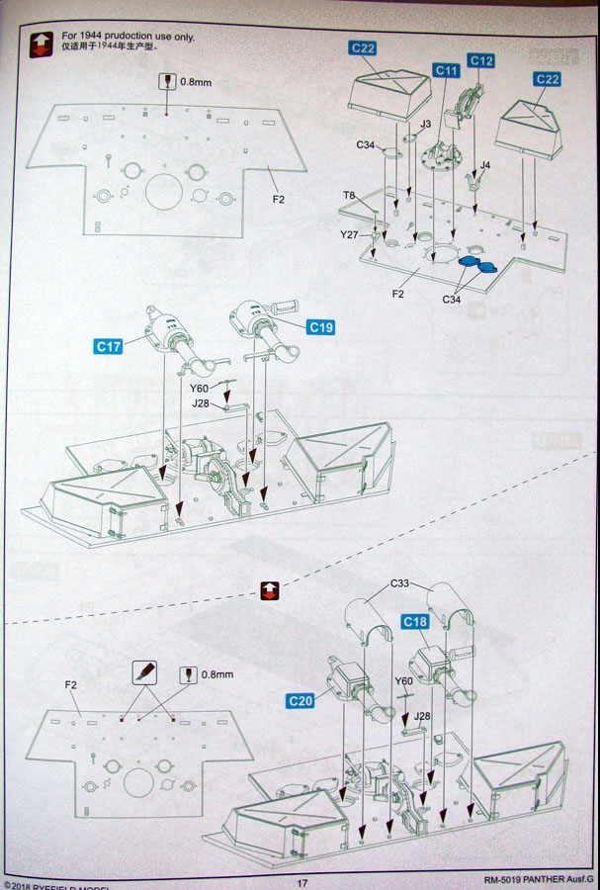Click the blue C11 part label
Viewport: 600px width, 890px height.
click(447, 71)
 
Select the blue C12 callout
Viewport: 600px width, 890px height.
click(481, 60)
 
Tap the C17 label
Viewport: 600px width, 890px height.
click(109, 346)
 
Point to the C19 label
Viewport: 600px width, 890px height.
click(320, 326)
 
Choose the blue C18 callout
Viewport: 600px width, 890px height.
click(415, 621)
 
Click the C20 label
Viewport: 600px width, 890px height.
click(300, 700)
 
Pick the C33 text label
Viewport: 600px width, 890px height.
click(399, 583)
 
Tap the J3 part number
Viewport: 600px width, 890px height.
click(425, 124)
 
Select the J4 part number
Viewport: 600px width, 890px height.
click(485, 164)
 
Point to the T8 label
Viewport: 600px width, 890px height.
click(349, 195)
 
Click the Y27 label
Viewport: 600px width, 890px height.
click(348, 234)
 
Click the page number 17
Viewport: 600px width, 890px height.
click(303, 882)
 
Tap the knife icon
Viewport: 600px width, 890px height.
click(145, 673)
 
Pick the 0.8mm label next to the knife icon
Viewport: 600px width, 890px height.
click(217, 674)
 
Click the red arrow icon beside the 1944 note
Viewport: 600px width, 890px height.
click(41, 44)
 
